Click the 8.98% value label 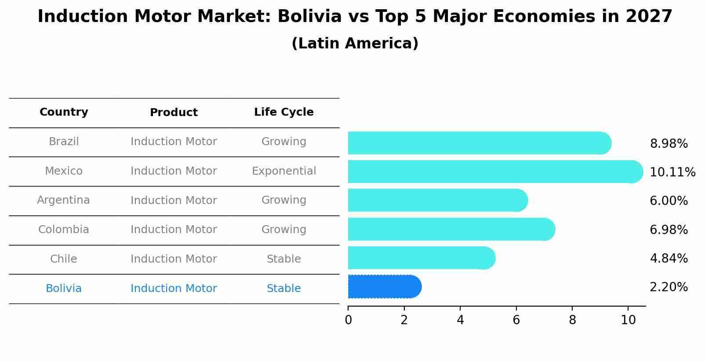coord(669,144)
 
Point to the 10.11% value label coord(672,172)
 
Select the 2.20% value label coord(669,287)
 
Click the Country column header coord(64,112)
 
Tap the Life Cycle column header coord(283,112)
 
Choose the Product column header coord(174,113)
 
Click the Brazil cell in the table coord(64,142)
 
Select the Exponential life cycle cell coord(283,171)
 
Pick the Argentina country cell coord(63,200)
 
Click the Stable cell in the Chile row coord(283,259)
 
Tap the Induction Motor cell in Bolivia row coord(174,289)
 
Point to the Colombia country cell coord(63,230)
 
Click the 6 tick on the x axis coord(516,320)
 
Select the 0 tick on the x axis coord(348,320)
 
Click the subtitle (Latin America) coord(355,44)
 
